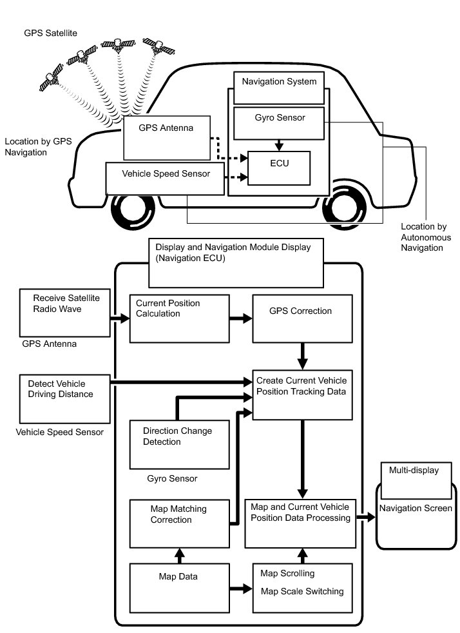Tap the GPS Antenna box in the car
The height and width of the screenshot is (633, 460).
point(167,138)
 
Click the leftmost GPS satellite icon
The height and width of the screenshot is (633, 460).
point(50,81)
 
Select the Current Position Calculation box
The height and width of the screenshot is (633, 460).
point(179,318)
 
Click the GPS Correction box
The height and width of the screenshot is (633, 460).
point(302,318)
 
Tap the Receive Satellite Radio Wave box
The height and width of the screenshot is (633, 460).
point(66,311)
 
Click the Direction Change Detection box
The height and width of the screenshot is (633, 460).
point(179,444)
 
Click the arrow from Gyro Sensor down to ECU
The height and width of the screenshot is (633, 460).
point(279,145)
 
